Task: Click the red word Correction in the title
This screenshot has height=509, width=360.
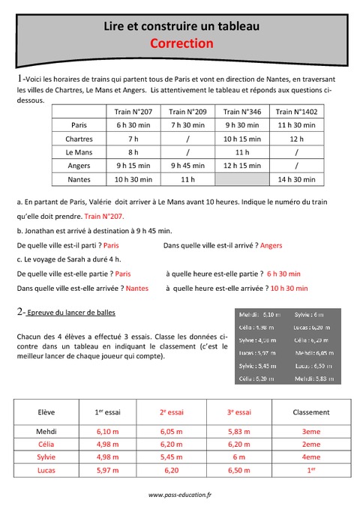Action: pyautogui.click(x=181, y=44)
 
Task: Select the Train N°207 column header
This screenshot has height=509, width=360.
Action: pyautogui.click(x=133, y=111)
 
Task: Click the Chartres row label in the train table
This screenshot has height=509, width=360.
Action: pyautogui.click(x=79, y=139)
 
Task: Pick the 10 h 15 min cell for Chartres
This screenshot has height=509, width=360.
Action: pyautogui.click(x=242, y=139)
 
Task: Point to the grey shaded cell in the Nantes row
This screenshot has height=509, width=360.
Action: pyautogui.click(x=242, y=179)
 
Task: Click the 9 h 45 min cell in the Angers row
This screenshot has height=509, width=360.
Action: pyautogui.click(x=188, y=166)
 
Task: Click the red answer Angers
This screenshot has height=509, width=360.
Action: pyautogui.click(x=271, y=244)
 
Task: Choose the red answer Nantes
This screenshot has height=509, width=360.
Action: pyautogui.click(x=137, y=288)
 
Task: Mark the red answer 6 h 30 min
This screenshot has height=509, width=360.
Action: pyautogui.click(x=283, y=274)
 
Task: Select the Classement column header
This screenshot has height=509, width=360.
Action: pyautogui.click(x=310, y=412)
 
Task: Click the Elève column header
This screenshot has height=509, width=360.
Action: pyautogui.click(x=46, y=412)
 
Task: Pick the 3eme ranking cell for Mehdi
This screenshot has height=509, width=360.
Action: pyautogui.click(x=310, y=432)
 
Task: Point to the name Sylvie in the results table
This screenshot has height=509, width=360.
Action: pyautogui.click(x=46, y=457)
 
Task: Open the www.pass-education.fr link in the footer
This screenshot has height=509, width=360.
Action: pyautogui.click(x=180, y=495)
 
